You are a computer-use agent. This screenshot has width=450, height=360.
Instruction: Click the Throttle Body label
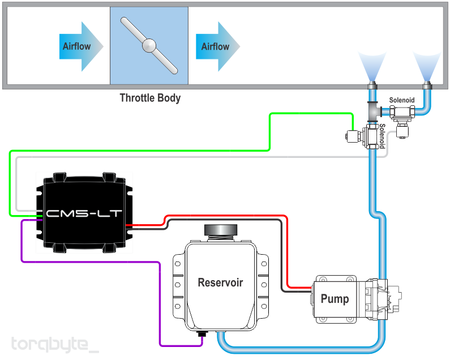point(150,98)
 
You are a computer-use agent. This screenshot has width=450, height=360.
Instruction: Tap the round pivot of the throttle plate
point(149,46)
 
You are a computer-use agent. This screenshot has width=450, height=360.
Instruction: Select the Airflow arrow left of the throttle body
point(81,46)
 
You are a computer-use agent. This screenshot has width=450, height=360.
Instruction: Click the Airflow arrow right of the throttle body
point(218,46)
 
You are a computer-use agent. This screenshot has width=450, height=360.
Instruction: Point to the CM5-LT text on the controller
point(84,213)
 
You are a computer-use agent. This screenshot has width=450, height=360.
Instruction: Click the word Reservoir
point(220,282)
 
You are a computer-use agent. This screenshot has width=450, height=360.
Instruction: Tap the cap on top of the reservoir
point(221,230)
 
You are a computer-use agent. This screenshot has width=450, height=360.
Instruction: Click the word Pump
point(335,299)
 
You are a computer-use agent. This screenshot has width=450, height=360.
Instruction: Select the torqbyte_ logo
point(54,345)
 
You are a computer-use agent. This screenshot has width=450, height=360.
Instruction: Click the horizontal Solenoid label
point(402,100)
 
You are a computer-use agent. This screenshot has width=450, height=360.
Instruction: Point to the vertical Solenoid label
point(382,136)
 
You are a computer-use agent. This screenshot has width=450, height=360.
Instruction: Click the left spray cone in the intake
point(372,67)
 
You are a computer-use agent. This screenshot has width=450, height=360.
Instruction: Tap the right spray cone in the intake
point(427,67)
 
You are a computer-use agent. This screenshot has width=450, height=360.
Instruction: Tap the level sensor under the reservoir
point(202,334)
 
